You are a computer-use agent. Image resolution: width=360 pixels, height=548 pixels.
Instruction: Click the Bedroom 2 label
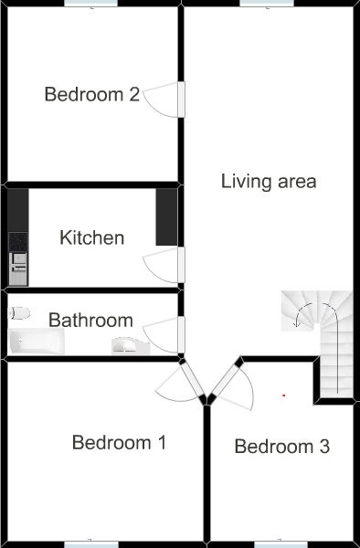[x=92, y=94]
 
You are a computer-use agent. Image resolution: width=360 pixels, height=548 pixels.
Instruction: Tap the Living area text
[x=269, y=182]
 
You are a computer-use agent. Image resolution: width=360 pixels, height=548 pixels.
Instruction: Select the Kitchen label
[x=92, y=237]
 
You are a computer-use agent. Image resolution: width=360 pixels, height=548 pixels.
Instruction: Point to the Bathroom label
[x=90, y=321]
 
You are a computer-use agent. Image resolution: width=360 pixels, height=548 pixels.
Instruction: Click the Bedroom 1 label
[x=119, y=442]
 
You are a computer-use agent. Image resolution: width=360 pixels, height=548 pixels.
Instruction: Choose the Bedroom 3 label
[x=281, y=447]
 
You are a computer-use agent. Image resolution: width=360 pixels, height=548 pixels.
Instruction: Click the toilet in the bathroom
[x=19, y=313]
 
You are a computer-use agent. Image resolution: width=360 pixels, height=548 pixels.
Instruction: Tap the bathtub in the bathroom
[x=37, y=342]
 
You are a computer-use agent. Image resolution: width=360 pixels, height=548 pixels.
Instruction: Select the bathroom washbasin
[x=131, y=346]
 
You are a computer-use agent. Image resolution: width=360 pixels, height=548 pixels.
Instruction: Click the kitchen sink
[x=18, y=269]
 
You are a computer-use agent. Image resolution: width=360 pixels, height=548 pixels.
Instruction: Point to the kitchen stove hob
[x=18, y=242]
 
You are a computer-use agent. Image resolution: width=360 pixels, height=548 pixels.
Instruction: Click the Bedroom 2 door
[x=181, y=100]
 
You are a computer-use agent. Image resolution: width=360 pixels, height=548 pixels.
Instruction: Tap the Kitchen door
[x=181, y=265]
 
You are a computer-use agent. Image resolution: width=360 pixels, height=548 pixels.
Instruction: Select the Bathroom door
[x=181, y=334]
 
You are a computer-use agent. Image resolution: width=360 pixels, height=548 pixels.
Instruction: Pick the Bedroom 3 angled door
[x=226, y=381]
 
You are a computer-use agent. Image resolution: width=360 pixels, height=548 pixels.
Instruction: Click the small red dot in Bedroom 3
[x=284, y=395]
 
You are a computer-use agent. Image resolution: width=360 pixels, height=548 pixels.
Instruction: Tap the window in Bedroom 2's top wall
[x=91, y=3]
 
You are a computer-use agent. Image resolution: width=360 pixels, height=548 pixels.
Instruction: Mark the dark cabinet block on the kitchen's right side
[x=166, y=216]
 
